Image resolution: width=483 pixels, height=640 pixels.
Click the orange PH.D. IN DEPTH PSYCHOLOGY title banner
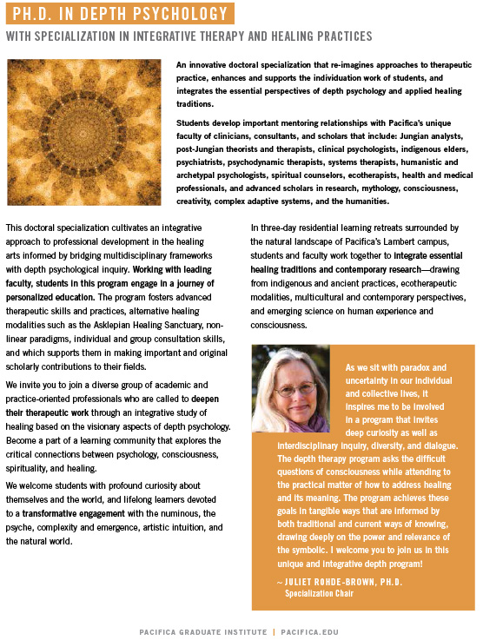click(x=119, y=14)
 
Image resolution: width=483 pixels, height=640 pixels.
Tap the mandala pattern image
click(x=83, y=133)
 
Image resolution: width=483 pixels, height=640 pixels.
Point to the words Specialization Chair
click(x=317, y=593)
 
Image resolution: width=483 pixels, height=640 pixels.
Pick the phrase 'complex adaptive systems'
click(x=266, y=202)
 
